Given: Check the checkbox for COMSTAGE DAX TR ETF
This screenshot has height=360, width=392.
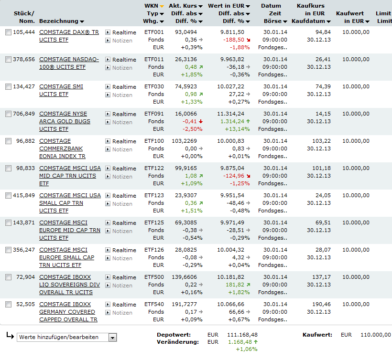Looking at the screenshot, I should [x=8, y=32].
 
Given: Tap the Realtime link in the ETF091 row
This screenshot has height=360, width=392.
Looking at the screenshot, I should [x=124, y=114].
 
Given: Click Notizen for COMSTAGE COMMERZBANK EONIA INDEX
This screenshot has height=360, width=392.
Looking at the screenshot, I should [x=122, y=149].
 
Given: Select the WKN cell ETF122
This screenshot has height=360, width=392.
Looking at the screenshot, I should [x=154, y=169].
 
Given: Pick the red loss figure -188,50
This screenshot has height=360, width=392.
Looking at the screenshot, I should [x=233, y=40].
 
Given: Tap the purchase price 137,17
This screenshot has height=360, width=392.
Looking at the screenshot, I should [x=320, y=277].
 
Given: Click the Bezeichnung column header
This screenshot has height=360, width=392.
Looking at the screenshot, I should [x=61, y=21].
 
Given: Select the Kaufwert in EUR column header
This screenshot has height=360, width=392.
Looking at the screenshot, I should [x=352, y=17].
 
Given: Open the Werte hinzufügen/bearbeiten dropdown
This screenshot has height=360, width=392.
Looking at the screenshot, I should [x=112, y=338].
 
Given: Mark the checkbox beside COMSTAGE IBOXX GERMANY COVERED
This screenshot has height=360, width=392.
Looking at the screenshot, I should [x=8, y=305].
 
